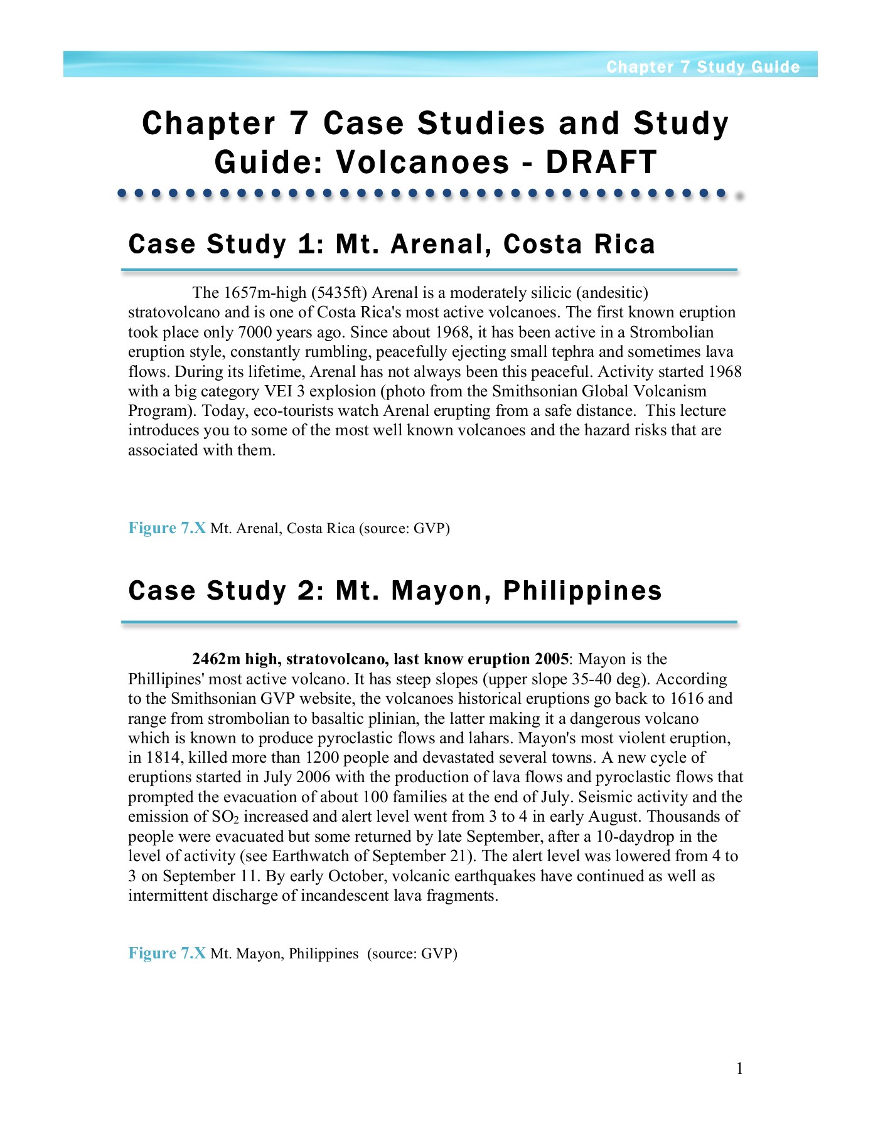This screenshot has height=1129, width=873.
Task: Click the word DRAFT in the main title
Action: pos(601,162)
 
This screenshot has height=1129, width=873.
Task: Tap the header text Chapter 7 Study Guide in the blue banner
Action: pos(703,67)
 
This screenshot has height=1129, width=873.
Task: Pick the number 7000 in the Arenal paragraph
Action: pos(255,332)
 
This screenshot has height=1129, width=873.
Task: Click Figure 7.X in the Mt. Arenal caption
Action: pos(167,528)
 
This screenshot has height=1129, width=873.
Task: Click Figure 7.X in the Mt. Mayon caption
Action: pos(167,953)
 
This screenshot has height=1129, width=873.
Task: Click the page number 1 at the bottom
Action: pos(740,1069)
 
